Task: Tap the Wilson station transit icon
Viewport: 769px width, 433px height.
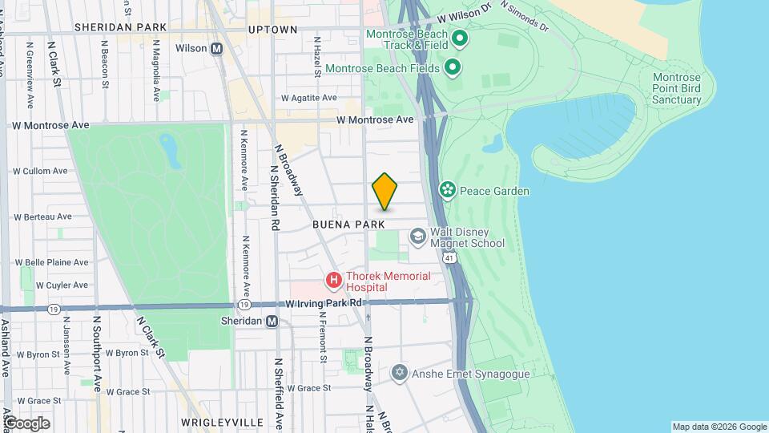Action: click(x=216, y=48)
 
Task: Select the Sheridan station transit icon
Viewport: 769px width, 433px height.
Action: click(x=272, y=321)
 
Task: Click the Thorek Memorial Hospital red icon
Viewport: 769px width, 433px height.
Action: click(x=332, y=281)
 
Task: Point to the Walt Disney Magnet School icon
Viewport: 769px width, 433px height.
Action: click(x=417, y=237)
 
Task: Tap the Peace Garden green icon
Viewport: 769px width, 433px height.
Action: click(x=448, y=190)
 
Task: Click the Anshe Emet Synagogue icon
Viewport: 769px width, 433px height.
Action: click(x=400, y=373)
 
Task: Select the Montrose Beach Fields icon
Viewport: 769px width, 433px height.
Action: click(x=453, y=67)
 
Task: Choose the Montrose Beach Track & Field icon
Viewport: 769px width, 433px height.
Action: click(x=460, y=37)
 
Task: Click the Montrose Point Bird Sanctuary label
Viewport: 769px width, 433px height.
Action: click(x=676, y=88)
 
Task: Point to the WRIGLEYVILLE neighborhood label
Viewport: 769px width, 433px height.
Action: click(x=222, y=422)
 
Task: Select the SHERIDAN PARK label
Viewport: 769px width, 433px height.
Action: click(x=119, y=27)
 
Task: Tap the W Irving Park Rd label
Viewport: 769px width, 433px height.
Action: click(x=324, y=303)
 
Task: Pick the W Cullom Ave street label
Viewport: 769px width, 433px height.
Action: click(x=39, y=171)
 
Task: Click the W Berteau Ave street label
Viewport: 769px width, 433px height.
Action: click(x=42, y=216)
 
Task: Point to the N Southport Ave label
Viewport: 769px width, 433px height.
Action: click(x=97, y=353)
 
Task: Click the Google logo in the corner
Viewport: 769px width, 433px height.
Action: click(x=27, y=423)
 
